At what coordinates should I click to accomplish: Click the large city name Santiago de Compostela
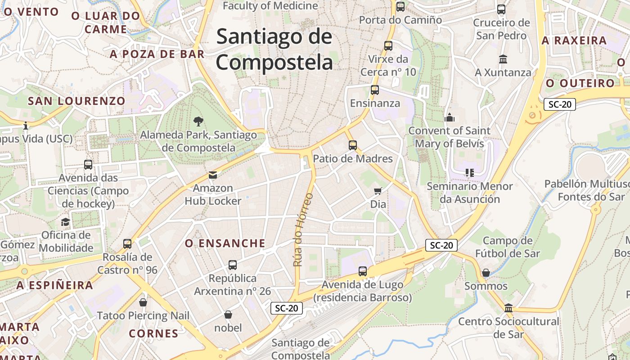click(274, 49)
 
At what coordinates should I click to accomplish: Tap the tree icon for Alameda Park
click(198, 121)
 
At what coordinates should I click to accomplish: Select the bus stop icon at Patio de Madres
click(353, 145)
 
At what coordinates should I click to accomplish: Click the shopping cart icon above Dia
click(378, 191)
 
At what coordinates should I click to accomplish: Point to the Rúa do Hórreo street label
click(303, 229)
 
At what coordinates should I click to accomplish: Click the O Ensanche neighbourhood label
click(225, 243)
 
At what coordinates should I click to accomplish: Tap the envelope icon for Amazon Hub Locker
click(213, 175)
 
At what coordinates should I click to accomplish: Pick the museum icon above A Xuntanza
click(503, 59)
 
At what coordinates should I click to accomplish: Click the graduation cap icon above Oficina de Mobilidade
click(66, 222)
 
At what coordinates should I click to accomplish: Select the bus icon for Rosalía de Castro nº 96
click(127, 244)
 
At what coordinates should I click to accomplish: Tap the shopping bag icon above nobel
click(228, 315)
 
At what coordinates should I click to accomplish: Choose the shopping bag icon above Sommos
click(486, 273)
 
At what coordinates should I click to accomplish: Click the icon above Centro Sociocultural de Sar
click(508, 308)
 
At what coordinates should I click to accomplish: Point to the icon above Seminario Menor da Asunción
click(470, 173)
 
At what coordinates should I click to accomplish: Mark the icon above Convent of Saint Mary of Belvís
click(450, 117)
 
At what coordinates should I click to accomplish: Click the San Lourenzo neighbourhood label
click(76, 101)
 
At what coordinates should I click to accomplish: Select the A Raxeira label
click(574, 40)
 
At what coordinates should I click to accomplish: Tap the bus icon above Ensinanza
click(375, 90)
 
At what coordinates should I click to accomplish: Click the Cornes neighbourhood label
click(153, 333)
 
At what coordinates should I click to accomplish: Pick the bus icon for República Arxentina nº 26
click(233, 265)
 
